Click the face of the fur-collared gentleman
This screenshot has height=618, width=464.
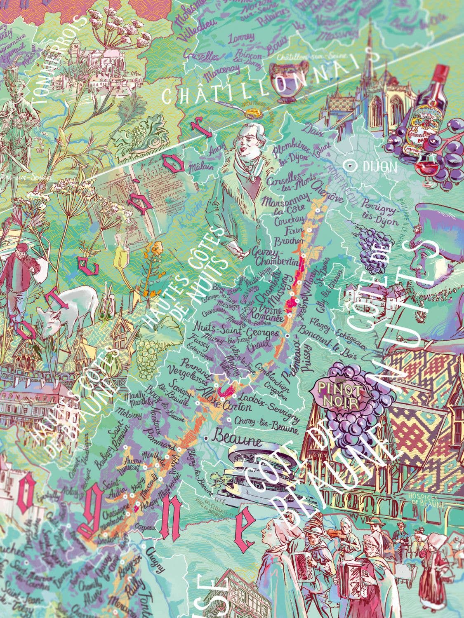(249, 140)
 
